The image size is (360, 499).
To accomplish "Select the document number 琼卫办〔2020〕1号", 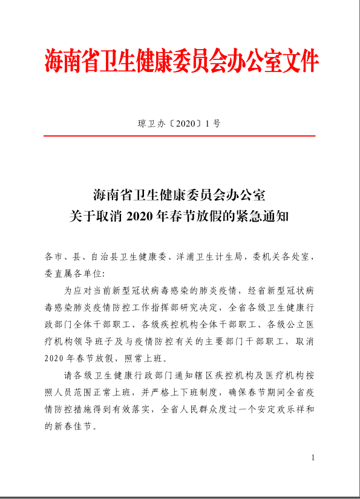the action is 179,124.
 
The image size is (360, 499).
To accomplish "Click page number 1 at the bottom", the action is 313,458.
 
